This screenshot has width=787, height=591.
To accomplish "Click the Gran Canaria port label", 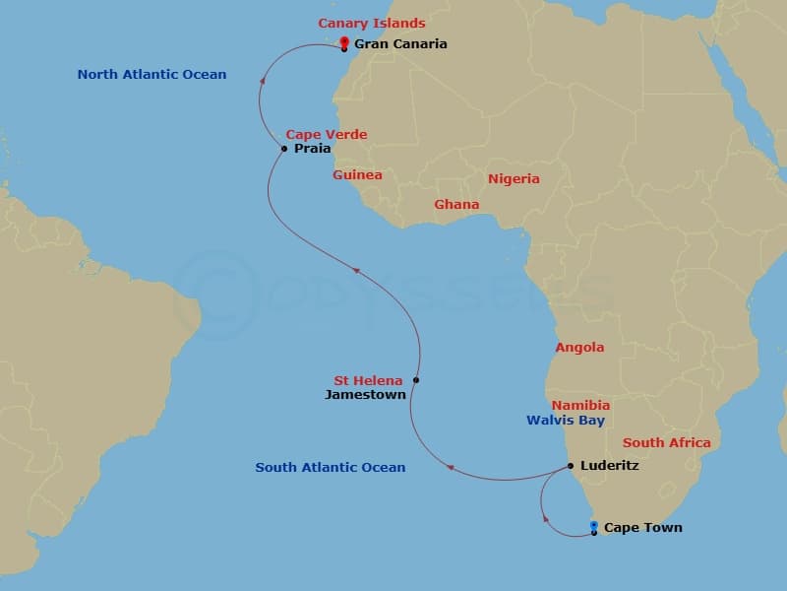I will click(x=400, y=43).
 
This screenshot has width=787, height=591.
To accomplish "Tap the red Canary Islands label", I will click(x=371, y=23).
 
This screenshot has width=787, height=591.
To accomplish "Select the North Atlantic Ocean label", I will click(x=151, y=74).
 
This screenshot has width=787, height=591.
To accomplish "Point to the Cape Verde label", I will click(x=327, y=135).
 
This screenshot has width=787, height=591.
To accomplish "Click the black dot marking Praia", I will click(x=284, y=149).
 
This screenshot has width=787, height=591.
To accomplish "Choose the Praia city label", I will click(x=313, y=149).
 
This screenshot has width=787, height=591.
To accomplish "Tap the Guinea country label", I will click(x=357, y=174).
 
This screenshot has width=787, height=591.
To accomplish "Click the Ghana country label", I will click(x=456, y=205).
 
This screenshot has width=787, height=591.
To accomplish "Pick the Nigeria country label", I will click(x=514, y=179).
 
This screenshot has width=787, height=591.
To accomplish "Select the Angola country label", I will click(x=579, y=348).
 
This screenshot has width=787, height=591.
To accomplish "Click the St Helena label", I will click(x=368, y=380).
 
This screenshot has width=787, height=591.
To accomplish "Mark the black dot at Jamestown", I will click(x=416, y=380).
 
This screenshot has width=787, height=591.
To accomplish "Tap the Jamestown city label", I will click(x=365, y=395).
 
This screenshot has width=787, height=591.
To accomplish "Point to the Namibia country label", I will click(x=580, y=405).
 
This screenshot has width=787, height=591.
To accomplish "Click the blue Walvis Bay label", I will click(x=565, y=421).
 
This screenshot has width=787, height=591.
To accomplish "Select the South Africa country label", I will click(x=666, y=443).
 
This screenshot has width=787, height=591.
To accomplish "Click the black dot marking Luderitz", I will click(x=571, y=466).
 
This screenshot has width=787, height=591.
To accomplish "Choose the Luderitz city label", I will click(x=610, y=466).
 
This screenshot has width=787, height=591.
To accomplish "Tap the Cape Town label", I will click(x=642, y=528).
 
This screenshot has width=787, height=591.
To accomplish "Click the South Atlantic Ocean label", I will click(x=330, y=468).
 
